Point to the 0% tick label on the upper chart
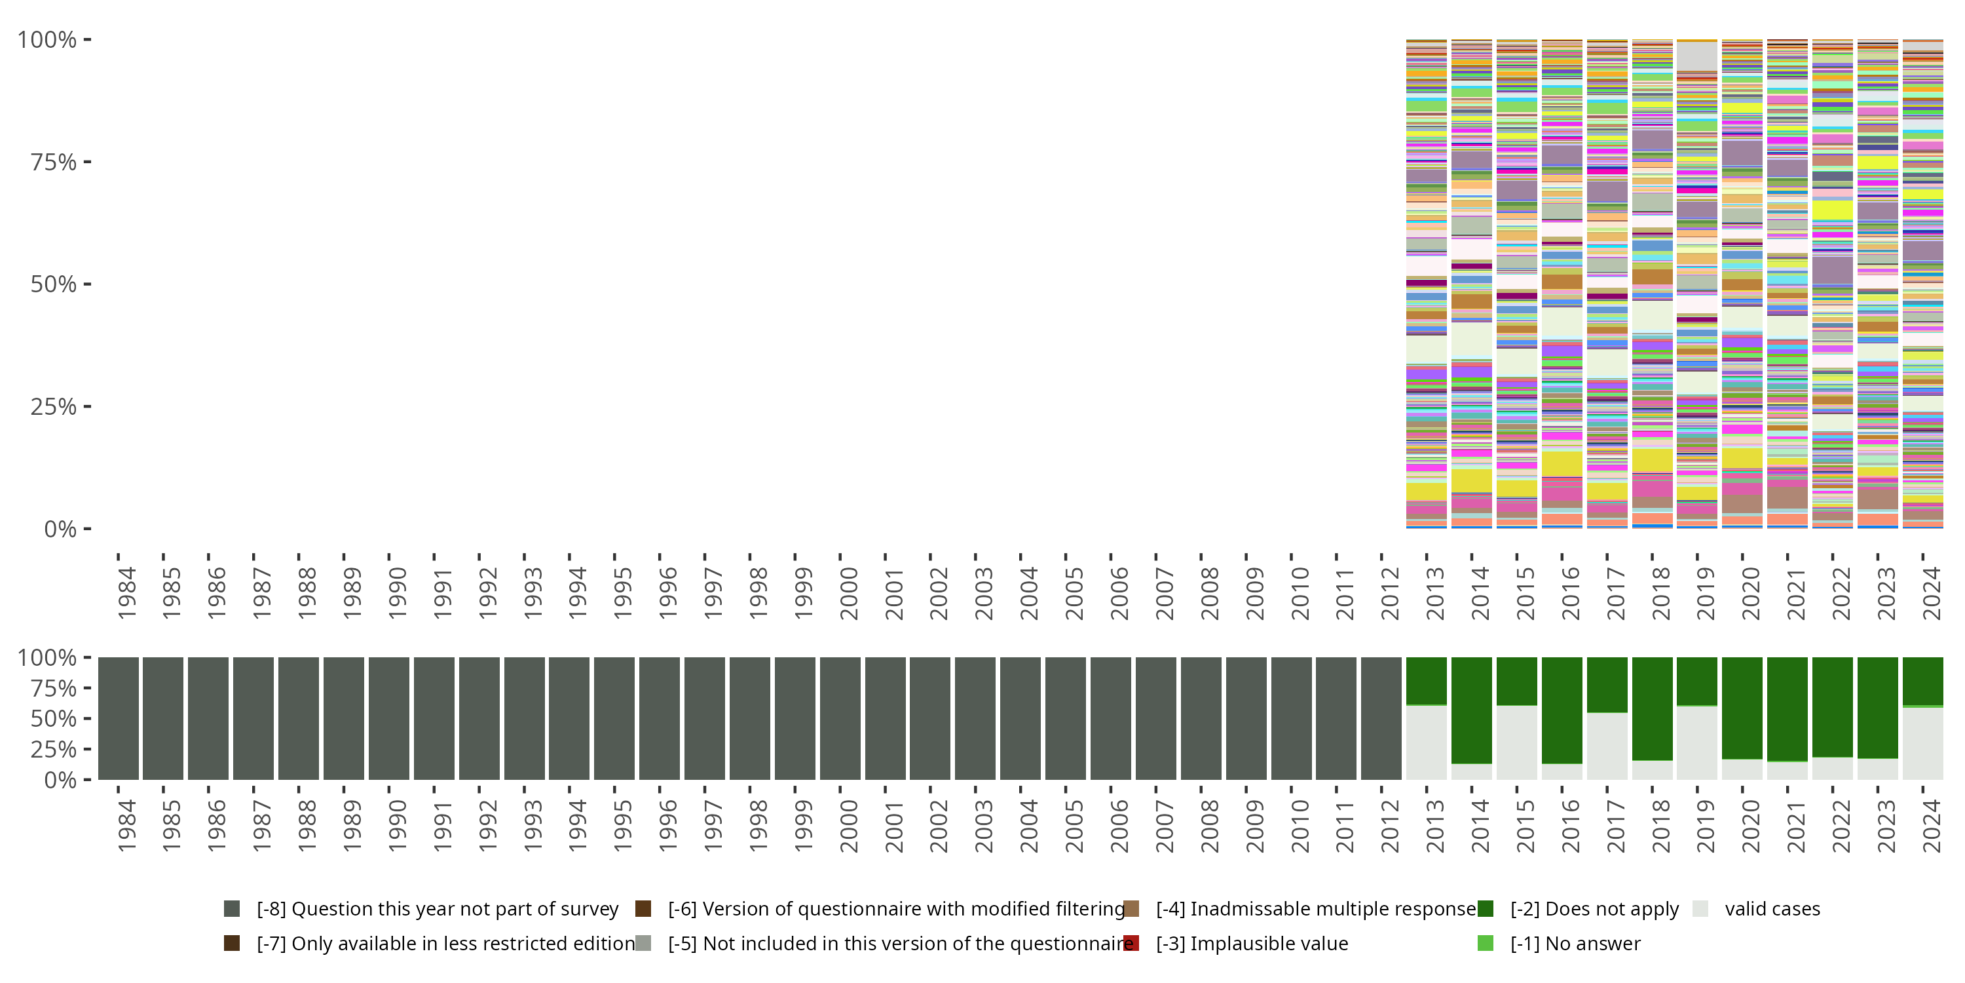pyautogui.click(x=60, y=529)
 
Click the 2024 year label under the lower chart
pyautogui.click(x=1932, y=826)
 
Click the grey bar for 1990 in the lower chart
pyautogui.click(x=388, y=718)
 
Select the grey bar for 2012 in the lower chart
pyautogui.click(x=1381, y=718)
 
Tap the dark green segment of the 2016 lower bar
pyautogui.click(x=1562, y=710)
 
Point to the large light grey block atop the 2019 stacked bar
pyautogui.click(x=1696, y=56)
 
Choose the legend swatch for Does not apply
pyautogui.click(x=1485, y=909)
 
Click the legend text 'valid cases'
pyautogui.click(x=1772, y=909)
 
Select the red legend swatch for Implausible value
pyautogui.click(x=1131, y=943)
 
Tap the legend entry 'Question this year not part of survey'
pyautogui.click(x=437, y=909)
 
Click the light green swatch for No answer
pyautogui.click(x=1485, y=943)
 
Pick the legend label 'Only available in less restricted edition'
pyautogui.click(x=445, y=943)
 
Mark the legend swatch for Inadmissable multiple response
pyautogui.click(x=1131, y=909)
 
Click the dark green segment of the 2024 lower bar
pyautogui.click(x=1922, y=681)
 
